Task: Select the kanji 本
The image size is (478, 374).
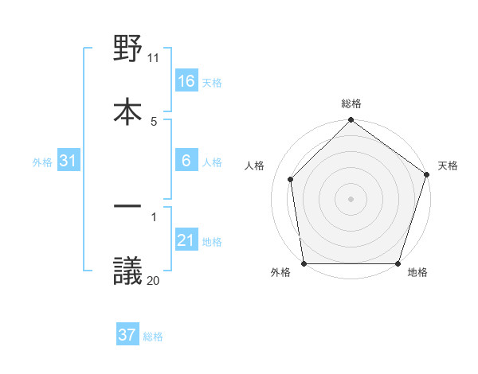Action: point(127,111)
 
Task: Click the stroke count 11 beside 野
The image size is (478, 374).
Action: point(154,58)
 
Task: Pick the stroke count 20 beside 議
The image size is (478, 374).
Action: point(154,279)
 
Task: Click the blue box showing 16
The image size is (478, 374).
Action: point(186,81)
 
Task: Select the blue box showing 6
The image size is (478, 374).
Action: point(186,161)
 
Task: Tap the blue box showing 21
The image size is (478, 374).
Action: point(186,240)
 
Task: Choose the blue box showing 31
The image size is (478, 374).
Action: point(69,161)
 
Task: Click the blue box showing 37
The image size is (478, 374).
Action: point(127,335)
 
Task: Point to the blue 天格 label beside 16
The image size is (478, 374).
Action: point(212,83)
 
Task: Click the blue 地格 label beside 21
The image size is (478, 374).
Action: point(212,242)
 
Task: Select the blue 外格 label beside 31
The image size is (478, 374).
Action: point(42,162)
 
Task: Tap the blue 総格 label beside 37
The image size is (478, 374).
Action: point(153,337)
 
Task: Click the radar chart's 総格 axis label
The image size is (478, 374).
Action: point(351,103)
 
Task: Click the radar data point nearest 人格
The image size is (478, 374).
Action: point(291,179)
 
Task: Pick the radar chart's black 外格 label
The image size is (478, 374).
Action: point(280,272)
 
